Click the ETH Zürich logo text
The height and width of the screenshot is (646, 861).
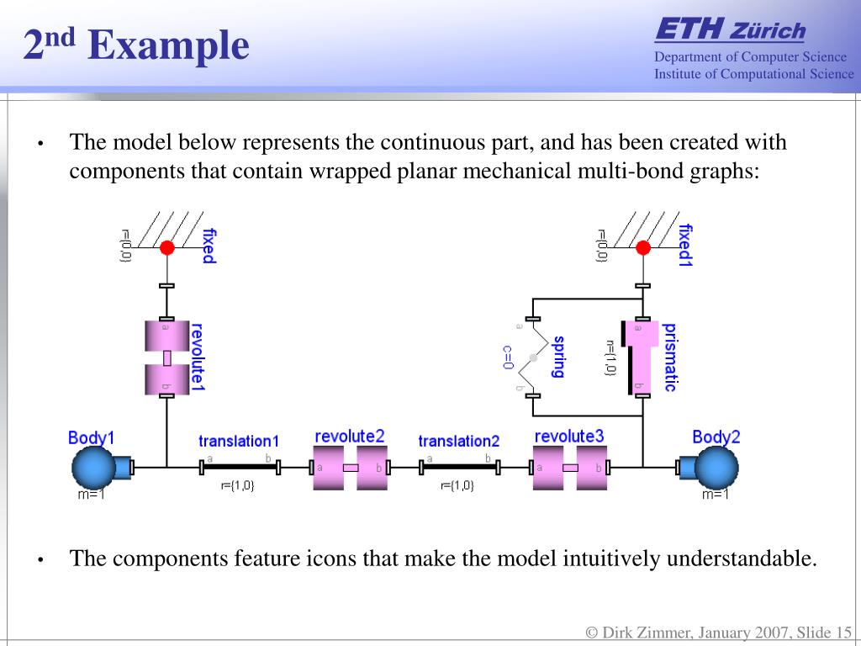pos(730,31)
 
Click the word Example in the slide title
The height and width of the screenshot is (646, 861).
pos(168,45)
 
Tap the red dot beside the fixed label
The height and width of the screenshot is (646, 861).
pos(167,247)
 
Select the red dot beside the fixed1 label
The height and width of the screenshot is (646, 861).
pos(643,247)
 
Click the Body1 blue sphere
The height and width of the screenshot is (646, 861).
pos(92,467)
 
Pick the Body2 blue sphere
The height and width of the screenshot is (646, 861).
pos(716,467)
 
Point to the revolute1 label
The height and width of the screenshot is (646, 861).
pos(198,357)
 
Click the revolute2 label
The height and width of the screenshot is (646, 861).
pos(349,436)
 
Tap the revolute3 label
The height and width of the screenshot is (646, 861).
pos(569,436)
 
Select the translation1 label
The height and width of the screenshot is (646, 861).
pos(239,441)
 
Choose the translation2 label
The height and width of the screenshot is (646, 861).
pos(458,441)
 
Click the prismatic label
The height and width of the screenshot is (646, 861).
pos(670,357)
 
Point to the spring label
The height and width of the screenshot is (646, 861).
pos(557,357)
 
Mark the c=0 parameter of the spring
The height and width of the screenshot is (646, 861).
pos(508,357)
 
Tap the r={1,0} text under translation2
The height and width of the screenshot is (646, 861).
pos(457,485)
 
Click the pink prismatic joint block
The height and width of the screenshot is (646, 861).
pos(642,357)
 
